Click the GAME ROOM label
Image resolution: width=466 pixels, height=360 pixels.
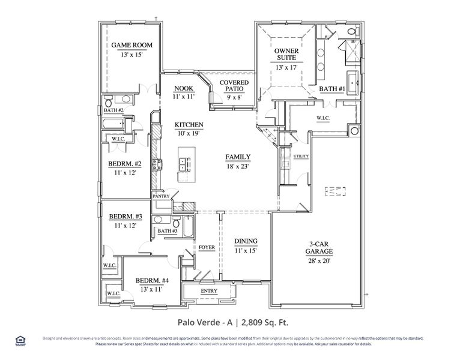pos(132,45)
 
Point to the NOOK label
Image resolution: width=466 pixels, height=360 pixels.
pos(184,89)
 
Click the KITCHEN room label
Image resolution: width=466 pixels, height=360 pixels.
pos(189,125)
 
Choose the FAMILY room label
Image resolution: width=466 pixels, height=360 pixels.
pos(238,157)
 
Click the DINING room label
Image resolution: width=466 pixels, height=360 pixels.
pos(246,241)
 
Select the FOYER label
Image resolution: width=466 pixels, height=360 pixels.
pos(207,247)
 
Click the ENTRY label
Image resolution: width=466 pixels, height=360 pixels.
pos(210,291)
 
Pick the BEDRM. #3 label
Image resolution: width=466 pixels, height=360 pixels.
pos(126,217)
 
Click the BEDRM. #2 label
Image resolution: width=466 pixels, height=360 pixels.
pos(125,163)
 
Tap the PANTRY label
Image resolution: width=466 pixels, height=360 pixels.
pos(160,196)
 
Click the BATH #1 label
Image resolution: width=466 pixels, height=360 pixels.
pos(331,89)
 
